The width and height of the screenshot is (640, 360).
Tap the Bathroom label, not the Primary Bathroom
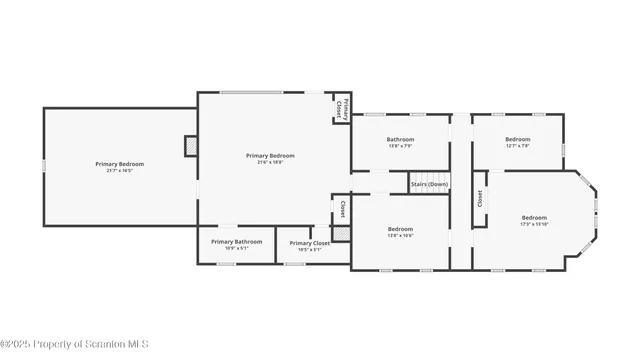tap(400, 139)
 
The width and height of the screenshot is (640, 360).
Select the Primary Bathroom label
tap(236, 241)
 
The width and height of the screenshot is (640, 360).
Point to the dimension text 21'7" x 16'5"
tap(120, 171)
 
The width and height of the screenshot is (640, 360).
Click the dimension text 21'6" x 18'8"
tap(270, 162)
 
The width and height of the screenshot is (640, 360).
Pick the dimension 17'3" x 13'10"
tap(535, 224)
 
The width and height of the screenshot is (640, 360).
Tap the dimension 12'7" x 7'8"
tap(518, 146)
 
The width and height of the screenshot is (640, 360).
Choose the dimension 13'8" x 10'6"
tap(400, 236)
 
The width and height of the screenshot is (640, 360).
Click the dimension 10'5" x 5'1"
tap(309, 250)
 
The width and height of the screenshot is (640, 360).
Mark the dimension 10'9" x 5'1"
tap(236, 248)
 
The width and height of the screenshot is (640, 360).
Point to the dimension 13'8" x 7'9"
tap(400, 146)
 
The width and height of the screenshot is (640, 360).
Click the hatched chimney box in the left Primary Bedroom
tap(190, 146)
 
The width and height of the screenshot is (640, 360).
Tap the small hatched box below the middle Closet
tap(341, 233)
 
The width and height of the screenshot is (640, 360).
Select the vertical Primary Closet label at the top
tap(341, 107)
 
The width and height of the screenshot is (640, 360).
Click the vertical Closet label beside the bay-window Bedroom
tap(480, 198)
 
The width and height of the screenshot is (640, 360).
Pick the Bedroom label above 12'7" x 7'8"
tap(518, 139)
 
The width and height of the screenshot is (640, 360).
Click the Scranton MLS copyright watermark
tap(75, 345)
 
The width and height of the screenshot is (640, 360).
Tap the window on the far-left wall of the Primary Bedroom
tap(44, 166)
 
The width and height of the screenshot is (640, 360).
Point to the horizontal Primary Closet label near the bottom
tap(309, 243)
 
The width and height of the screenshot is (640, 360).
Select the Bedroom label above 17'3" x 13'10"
tap(535, 217)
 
